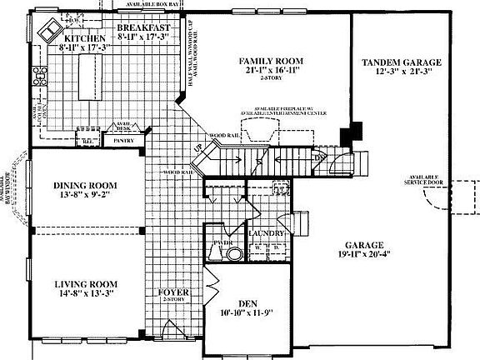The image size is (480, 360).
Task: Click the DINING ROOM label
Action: click(x=84, y=185)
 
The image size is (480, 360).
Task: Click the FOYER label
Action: click(x=174, y=293)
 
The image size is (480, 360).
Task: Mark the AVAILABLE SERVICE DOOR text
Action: click(x=423, y=181)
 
